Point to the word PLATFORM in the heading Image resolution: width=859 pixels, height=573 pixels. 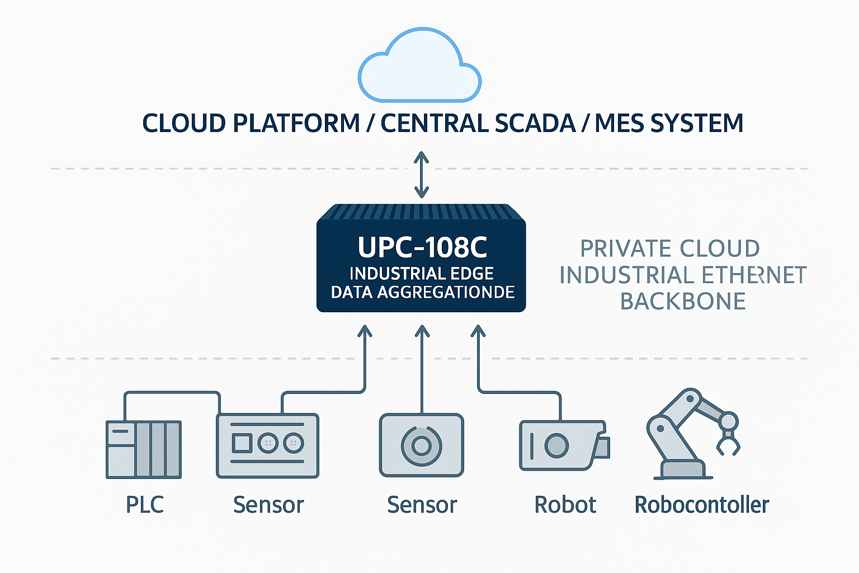click(296, 123)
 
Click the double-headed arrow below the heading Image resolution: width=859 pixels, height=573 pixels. click(421, 174)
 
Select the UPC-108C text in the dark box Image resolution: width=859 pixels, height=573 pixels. click(422, 247)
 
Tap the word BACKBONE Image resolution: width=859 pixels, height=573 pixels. click(683, 302)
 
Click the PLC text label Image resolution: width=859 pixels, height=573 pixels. click(145, 505)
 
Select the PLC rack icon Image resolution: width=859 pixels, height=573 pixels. click(144, 449)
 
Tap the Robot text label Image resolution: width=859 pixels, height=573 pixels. click(565, 505)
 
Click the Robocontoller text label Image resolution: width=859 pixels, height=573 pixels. click(701, 505)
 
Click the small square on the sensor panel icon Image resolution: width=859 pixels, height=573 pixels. click(242, 444)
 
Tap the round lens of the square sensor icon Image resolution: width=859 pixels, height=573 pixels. click(421, 445)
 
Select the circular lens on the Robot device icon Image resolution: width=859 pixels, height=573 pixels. click(556, 446)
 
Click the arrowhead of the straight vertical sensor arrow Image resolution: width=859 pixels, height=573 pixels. click(422, 331)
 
